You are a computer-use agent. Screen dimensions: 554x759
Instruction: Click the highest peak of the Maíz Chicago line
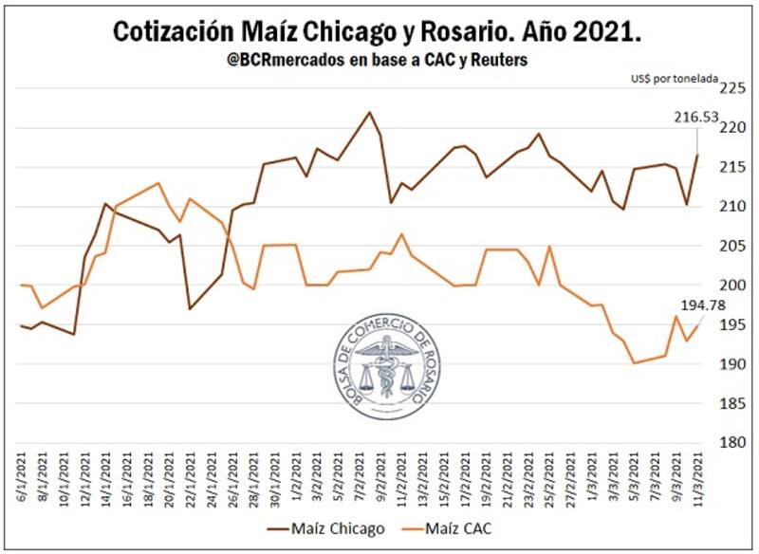[x=369, y=112]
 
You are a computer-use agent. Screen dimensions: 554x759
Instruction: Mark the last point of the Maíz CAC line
[x=700, y=325]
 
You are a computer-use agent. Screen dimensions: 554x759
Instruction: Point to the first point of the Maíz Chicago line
[x=21, y=325]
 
